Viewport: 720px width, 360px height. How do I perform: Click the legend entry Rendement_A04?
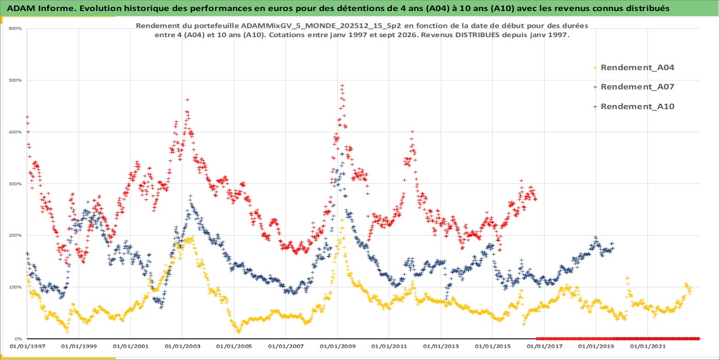tap(637, 67)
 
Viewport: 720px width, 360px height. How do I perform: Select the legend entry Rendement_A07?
tap(637, 87)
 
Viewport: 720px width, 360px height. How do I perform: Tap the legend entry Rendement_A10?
tap(637, 106)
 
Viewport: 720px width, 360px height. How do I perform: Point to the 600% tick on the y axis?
tap(15, 28)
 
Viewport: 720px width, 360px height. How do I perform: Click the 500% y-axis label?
tap(15, 80)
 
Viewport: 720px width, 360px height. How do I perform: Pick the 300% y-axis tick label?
tap(15, 184)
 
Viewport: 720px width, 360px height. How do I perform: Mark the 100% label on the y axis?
tap(15, 287)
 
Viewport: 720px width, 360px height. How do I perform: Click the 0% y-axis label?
tap(18, 339)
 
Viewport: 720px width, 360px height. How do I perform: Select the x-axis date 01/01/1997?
tap(28, 346)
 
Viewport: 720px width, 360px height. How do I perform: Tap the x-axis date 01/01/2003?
tap(182, 346)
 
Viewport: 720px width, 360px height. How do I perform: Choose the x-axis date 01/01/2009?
tap(337, 346)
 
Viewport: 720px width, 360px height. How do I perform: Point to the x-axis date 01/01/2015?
tap(492, 346)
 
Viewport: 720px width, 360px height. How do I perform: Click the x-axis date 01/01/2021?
tap(647, 346)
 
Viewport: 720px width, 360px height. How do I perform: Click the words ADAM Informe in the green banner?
tap(40, 8)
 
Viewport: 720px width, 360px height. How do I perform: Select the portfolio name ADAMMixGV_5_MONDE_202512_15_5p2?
tap(321, 26)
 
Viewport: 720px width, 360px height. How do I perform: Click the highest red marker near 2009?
tap(342, 85)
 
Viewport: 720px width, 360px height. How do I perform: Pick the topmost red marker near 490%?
tap(342, 85)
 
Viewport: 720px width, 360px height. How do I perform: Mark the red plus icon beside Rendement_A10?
tap(595, 106)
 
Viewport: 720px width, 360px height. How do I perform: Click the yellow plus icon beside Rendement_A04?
tap(595, 68)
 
